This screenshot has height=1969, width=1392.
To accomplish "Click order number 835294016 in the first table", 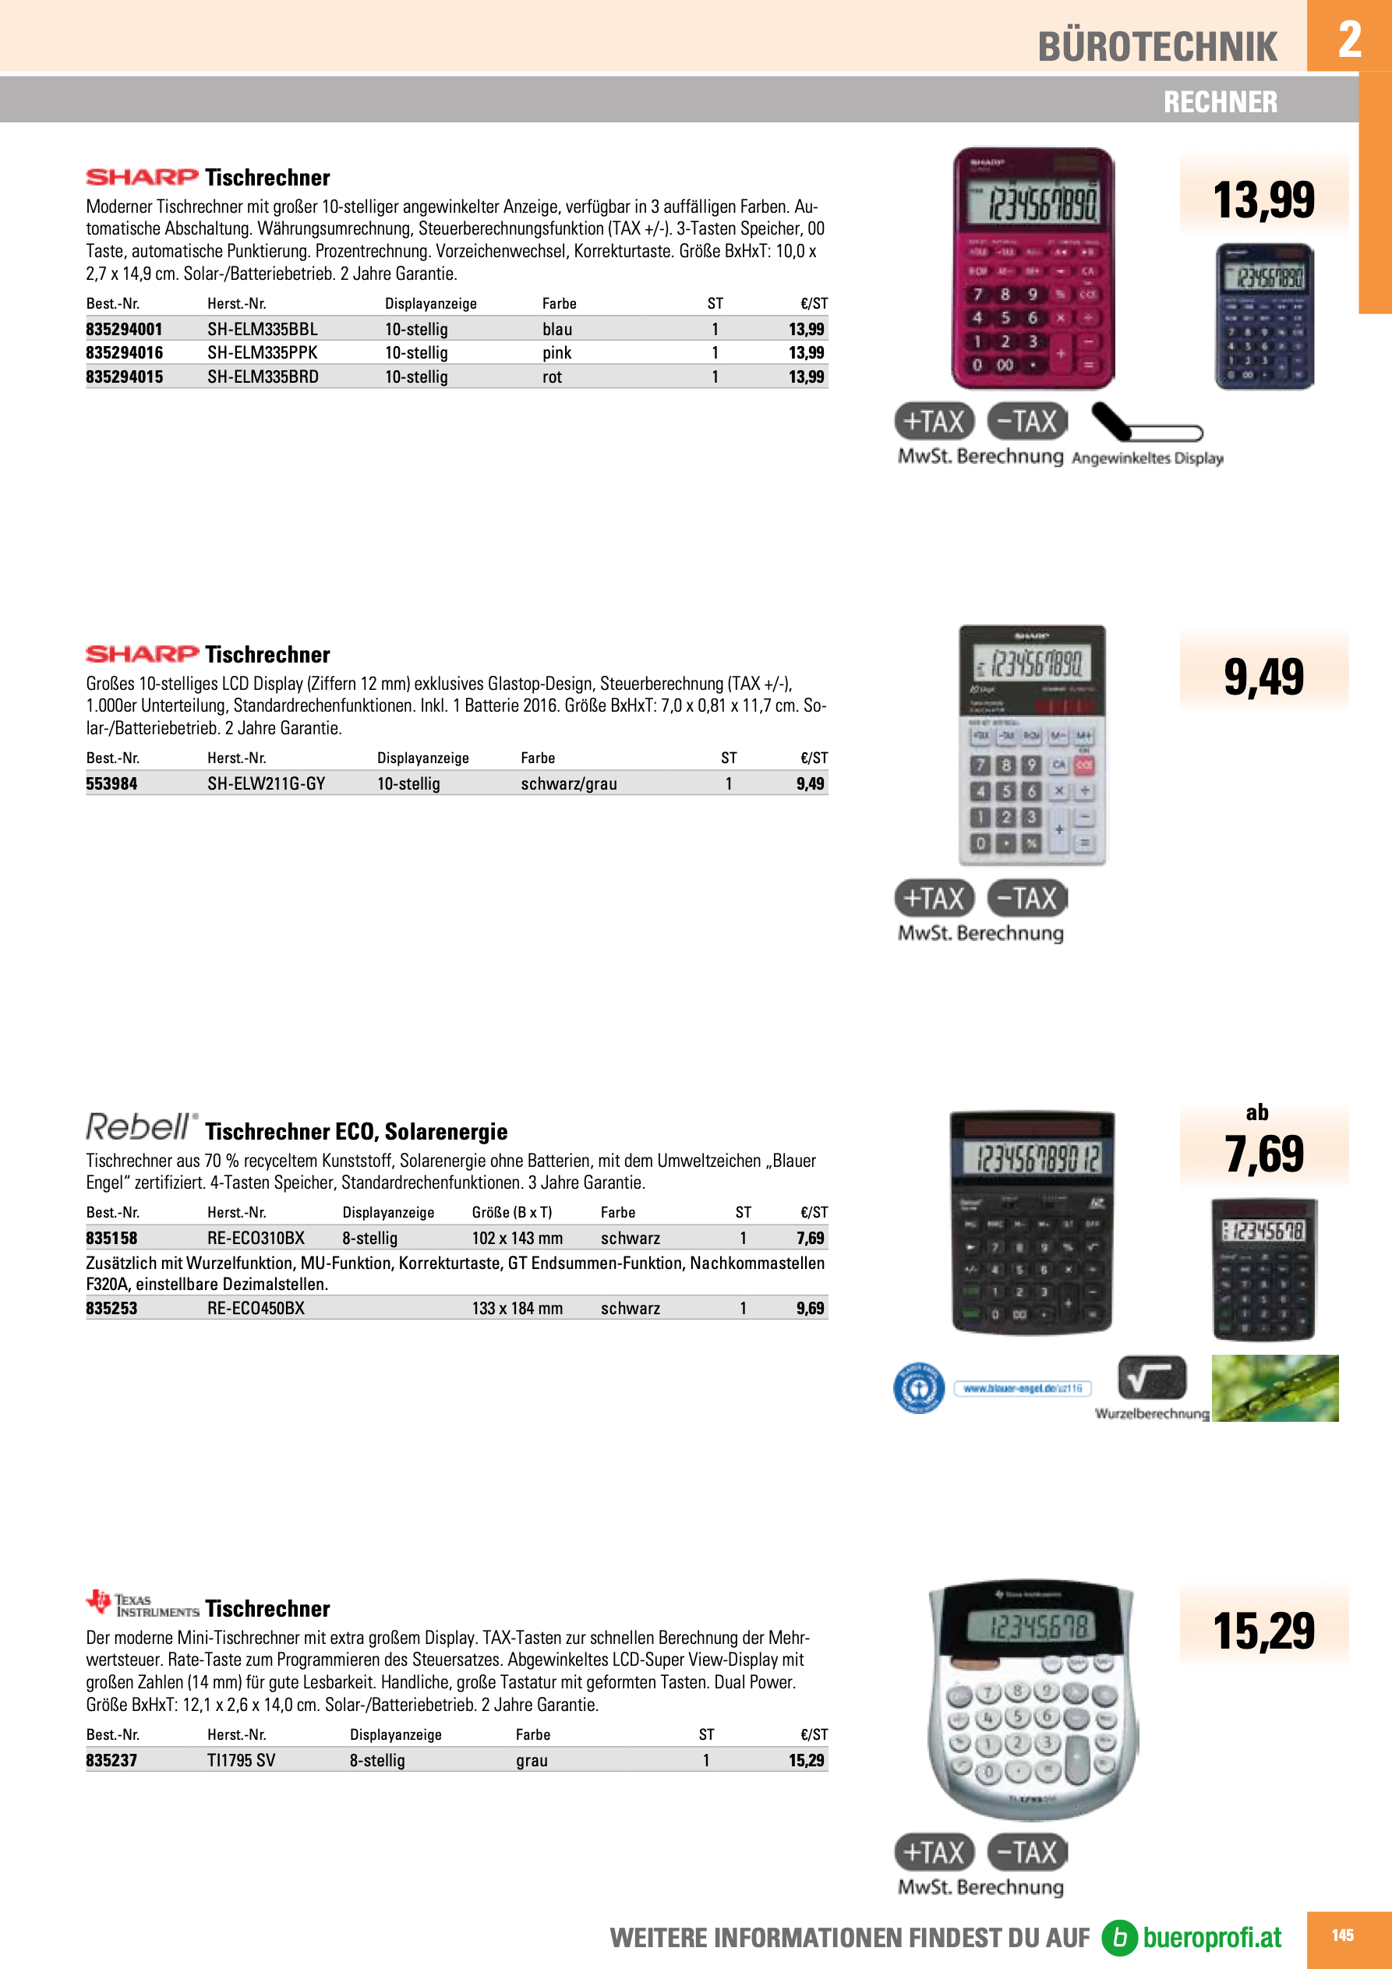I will tap(125, 352).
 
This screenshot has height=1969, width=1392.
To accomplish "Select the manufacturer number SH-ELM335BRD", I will tap(263, 376).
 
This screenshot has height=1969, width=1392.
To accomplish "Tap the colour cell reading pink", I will tap(556, 352).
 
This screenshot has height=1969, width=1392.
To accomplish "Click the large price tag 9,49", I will tap(1263, 677).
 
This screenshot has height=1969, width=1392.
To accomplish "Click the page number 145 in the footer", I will tap(1342, 1935).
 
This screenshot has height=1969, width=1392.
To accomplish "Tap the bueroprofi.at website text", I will tap(1211, 1937).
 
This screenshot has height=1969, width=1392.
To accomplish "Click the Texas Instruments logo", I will tap(143, 1602).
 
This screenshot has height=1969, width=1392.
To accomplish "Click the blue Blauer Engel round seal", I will tap(919, 1387).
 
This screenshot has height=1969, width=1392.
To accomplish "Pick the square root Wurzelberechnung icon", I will tap(1152, 1377).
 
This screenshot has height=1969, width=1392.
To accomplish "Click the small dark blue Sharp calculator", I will tap(1264, 316).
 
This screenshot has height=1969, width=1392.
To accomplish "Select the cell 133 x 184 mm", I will tap(518, 1308).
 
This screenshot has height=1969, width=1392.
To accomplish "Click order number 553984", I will tap(111, 783).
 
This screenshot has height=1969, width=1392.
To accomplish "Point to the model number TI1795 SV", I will tap(241, 1761).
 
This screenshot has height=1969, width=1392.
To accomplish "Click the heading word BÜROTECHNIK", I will tap(1157, 46).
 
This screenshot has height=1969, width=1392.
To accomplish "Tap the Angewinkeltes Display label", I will tap(1146, 458).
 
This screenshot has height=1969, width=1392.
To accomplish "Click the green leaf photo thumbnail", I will tap(1274, 1387).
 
